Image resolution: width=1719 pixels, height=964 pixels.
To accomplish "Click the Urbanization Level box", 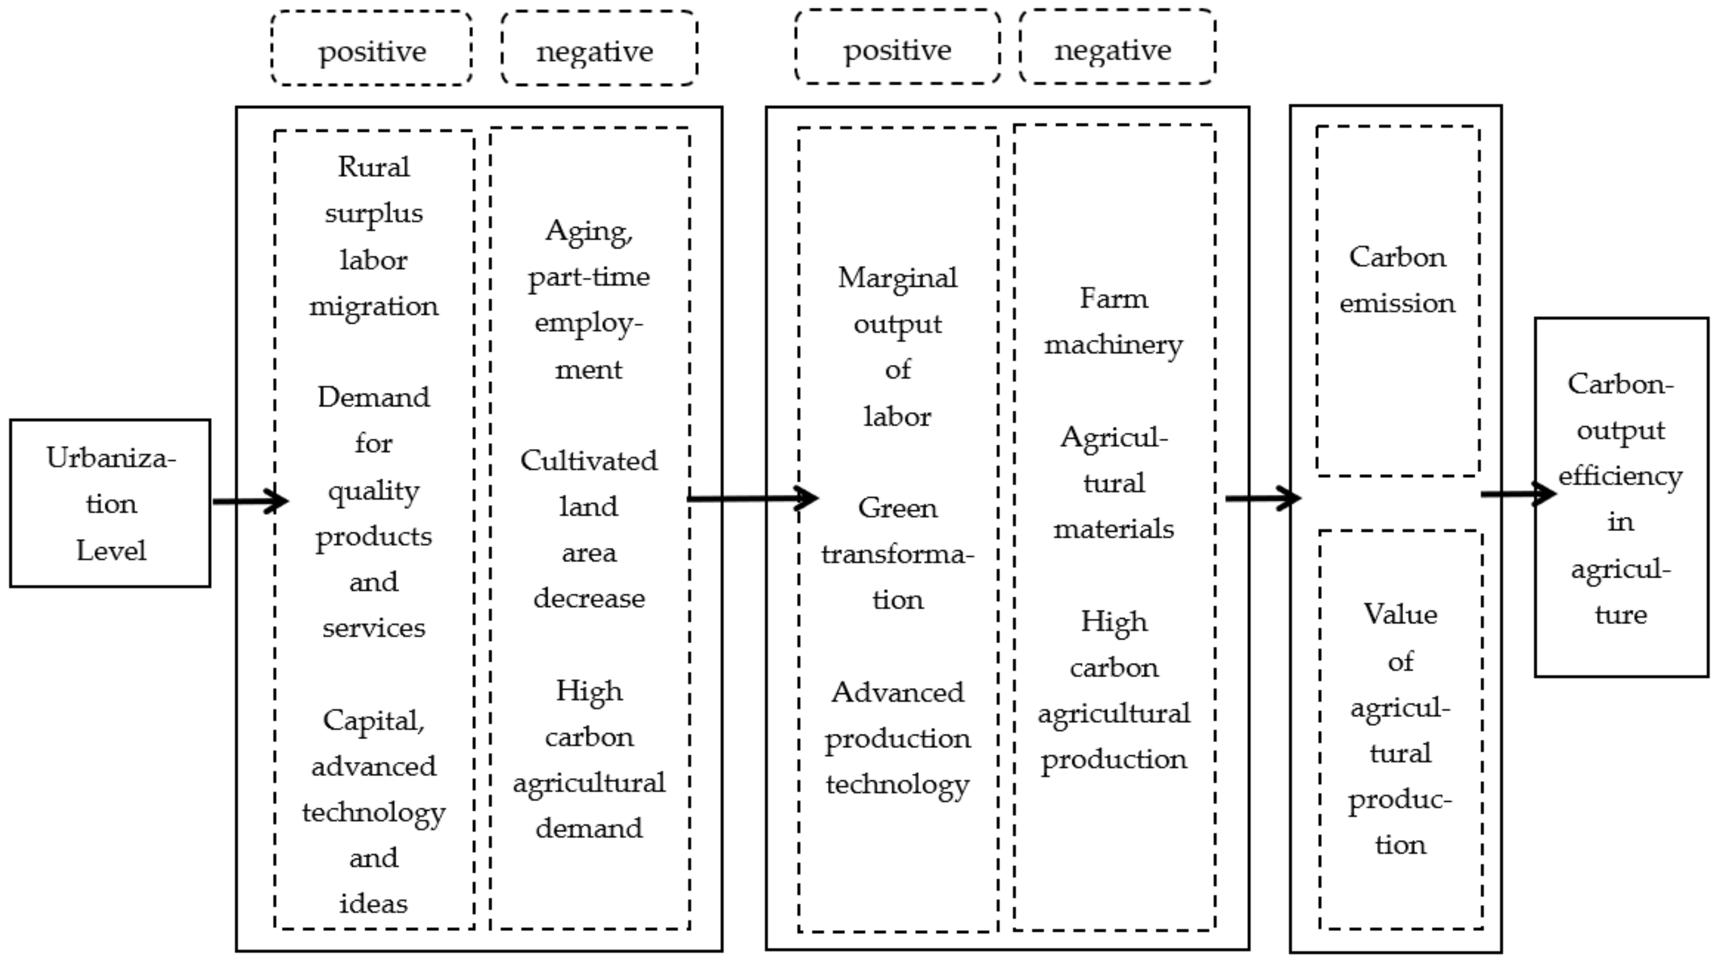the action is coord(110,504).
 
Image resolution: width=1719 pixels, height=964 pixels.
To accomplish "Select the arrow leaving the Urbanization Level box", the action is coord(248,501).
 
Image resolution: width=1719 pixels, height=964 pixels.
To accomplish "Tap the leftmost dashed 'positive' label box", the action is coord(372,49).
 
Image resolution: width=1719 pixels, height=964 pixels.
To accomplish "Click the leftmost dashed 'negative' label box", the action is coord(599,49).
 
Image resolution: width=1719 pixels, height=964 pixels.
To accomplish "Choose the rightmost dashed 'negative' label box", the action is coord(1116,48).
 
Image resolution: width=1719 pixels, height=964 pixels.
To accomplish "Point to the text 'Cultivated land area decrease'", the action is coord(589,529).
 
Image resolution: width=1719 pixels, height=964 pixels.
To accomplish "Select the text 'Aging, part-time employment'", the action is coord(589,300).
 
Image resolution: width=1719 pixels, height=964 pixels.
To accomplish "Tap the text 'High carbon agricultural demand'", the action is coord(589,759).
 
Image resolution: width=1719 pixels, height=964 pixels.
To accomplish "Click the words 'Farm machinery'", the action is coord(1113,321).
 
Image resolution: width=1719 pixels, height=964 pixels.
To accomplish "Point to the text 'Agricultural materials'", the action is coord(1113,483).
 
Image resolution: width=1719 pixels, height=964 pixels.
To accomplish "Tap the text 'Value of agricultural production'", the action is coord(1400,729).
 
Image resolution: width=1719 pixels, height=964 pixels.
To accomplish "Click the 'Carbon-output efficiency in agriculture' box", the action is coord(1620,498).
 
